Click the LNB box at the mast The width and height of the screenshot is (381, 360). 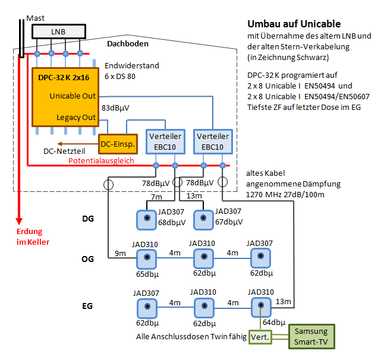58,31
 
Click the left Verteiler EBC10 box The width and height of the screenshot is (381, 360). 165,141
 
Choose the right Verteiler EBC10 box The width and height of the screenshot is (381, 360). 212,141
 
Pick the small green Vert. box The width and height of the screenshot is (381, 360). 259,336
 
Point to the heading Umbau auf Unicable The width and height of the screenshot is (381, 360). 294,24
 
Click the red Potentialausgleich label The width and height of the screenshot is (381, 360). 101,160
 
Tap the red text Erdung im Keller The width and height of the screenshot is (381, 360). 33,237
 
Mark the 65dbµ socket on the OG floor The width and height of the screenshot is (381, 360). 146,259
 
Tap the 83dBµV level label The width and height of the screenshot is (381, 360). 115,108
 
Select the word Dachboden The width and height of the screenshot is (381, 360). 127,44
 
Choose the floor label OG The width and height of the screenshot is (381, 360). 87,260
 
